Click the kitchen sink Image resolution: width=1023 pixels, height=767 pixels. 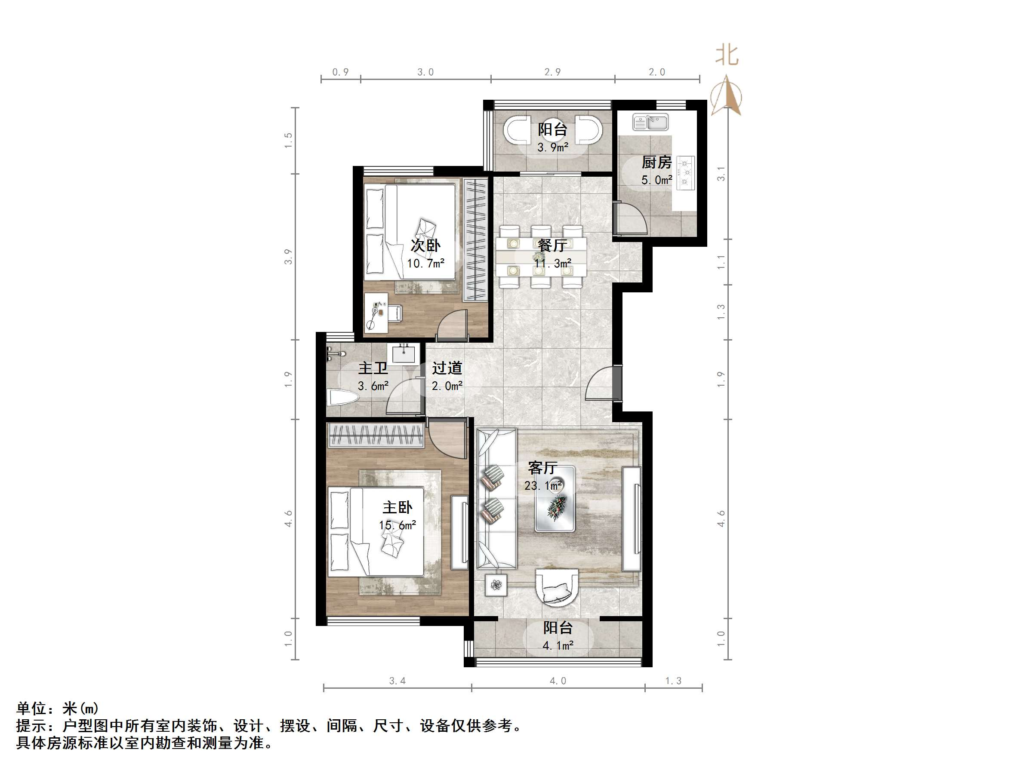[650, 123]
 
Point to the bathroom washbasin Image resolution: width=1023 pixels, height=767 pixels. [406, 354]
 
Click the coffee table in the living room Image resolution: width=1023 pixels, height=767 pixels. [555, 499]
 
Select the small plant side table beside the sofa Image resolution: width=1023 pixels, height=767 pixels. [496, 585]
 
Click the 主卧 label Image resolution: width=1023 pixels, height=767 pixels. [397, 508]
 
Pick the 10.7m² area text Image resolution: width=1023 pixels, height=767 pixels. [425, 264]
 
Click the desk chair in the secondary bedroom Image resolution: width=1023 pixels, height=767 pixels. [394, 313]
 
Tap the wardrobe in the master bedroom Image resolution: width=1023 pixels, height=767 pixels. [376, 435]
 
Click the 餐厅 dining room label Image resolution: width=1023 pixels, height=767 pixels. [552, 245]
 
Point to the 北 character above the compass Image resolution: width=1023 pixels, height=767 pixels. [727, 55]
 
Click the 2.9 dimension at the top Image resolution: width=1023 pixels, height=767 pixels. [552, 72]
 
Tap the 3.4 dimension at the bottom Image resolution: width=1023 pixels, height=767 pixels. [397, 681]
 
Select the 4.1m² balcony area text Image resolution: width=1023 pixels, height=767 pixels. [558, 645]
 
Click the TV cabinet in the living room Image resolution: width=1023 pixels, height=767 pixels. [631, 519]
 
